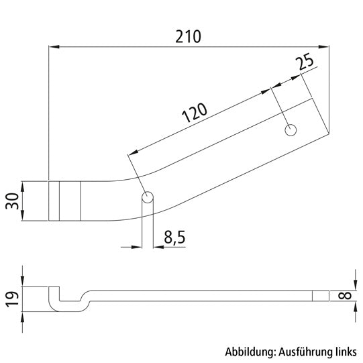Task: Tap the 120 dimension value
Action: click(193, 114)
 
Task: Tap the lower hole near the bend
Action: click(148, 197)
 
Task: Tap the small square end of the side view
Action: click(321, 296)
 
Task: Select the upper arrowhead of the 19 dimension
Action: click(24, 282)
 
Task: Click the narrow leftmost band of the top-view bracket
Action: click(54, 200)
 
